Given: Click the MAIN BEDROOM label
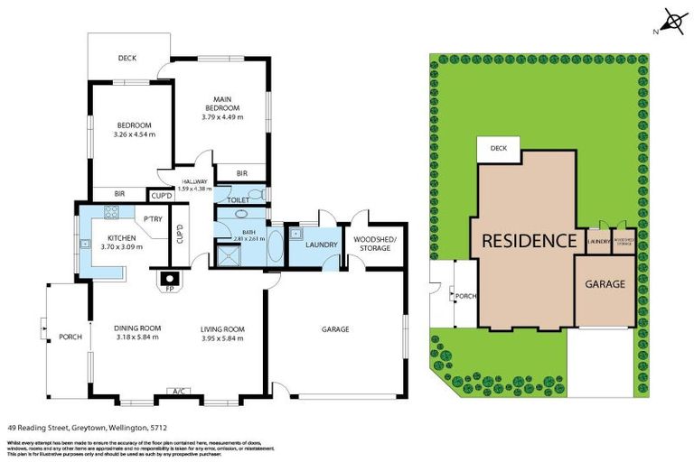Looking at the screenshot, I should point(223,104).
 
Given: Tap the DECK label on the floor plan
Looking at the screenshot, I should point(127,60).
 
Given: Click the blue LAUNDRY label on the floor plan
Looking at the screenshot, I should point(322,245).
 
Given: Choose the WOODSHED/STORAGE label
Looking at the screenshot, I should point(371,244).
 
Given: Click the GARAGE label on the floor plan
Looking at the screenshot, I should point(335,329).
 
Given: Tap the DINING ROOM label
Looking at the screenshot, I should point(137,328).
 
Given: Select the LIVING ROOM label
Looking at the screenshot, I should point(223,328).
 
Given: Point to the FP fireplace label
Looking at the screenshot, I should point(169,289).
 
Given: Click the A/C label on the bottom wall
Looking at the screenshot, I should point(181,392).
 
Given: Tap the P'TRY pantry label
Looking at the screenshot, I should point(152,219).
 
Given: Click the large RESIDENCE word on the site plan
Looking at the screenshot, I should point(529,241).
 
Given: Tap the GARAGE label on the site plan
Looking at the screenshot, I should point(605,284).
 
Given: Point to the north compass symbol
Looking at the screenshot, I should point(673,22).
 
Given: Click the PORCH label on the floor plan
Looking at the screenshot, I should point(70,337).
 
